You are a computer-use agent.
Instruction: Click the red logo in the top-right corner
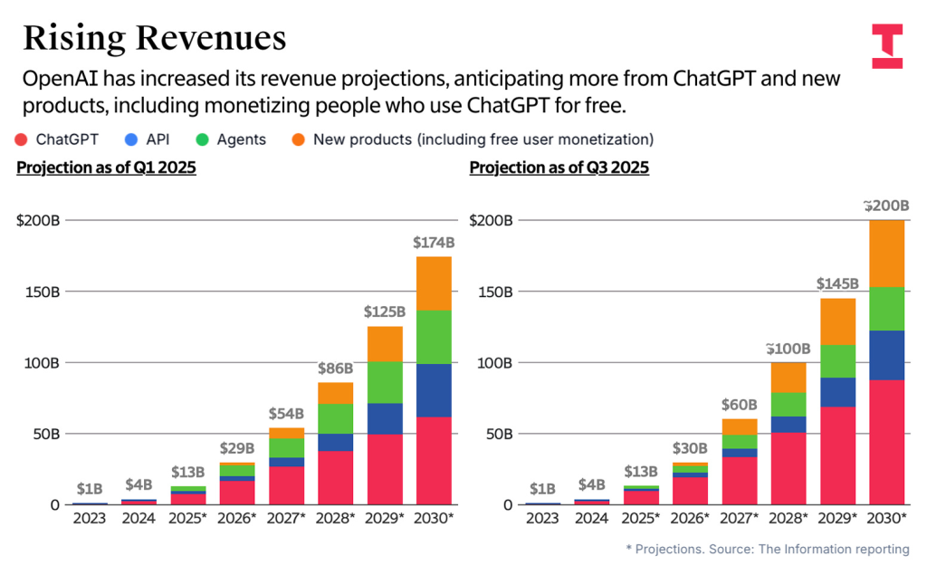pos(886,46)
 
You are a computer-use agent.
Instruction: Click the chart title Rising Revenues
pos(154,37)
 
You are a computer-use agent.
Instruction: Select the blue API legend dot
pos(130,139)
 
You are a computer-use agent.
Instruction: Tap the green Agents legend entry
pos(233,139)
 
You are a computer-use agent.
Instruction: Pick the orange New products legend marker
pos(298,139)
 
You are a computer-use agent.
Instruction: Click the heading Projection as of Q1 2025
pos(106,168)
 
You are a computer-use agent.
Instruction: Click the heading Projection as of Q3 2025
pos(559,168)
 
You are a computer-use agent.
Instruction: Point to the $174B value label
pos(434,243)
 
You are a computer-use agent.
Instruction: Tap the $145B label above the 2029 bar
pos(837,283)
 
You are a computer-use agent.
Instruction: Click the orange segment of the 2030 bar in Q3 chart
pos(886,254)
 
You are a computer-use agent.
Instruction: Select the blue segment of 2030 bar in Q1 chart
pos(434,390)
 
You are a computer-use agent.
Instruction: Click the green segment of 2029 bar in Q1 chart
pos(385,382)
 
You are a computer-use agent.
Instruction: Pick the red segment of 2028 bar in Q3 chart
pos(788,468)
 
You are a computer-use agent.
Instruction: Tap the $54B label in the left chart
pos(286,413)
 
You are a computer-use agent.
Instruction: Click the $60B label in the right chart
pos(740,404)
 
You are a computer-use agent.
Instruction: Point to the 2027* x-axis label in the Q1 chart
pos(286,518)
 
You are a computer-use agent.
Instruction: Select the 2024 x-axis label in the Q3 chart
pos(592,518)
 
